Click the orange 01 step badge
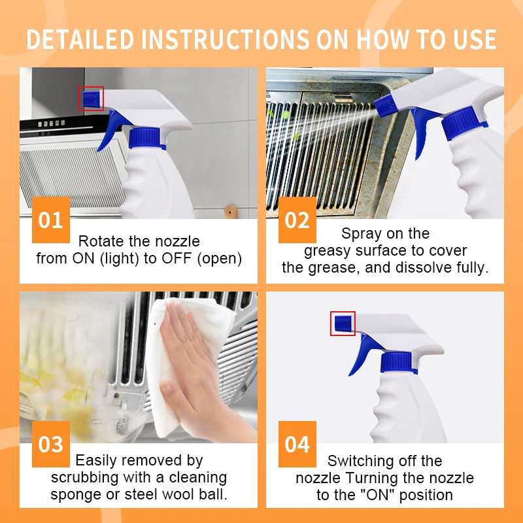(x=51, y=220)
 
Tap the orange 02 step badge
(x=297, y=220)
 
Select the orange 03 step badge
(x=51, y=444)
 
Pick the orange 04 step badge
(x=297, y=444)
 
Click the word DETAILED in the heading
(x=80, y=39)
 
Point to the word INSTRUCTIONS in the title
(x=226, y=39)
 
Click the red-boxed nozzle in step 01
(x=91, y=99)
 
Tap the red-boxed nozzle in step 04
(x=343, y=324)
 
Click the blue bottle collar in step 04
(x=398, y=362)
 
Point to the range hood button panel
(x=51, y=124)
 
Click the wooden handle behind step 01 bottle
(x=231, y=212)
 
